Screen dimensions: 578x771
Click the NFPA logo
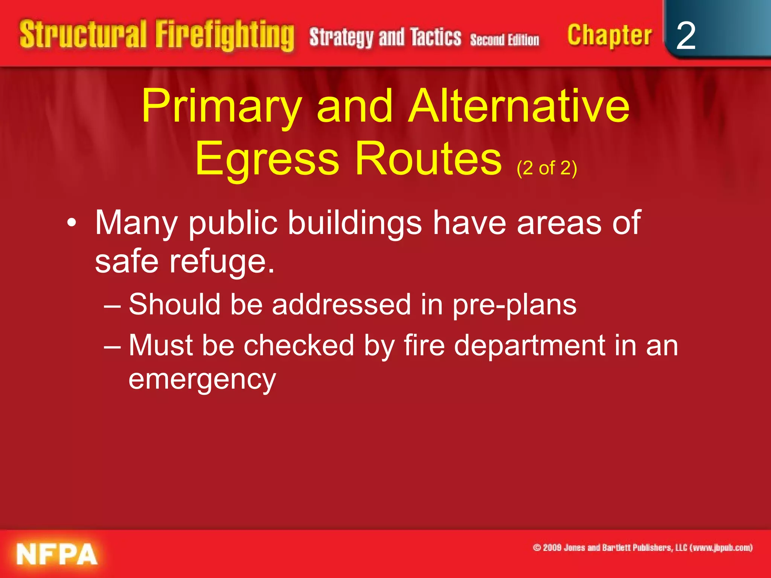tap(57, 554)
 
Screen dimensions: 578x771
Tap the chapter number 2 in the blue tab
tap(686, 36)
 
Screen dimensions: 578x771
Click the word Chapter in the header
tap(609, 36)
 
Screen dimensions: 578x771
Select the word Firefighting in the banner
tap(225, 36)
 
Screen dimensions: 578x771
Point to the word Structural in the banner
tap(83, 35)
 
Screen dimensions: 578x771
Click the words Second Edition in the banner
tap(504, 40)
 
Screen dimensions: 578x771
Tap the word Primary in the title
tap(222, 106)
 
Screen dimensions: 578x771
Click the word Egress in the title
tap(267, 159)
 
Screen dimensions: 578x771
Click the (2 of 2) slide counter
tap(547, 168)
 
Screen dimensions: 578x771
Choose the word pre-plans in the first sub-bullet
tap(514, 305)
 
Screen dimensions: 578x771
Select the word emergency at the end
tap(202, 380)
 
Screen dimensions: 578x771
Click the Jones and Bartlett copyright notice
tap(643, 548)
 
